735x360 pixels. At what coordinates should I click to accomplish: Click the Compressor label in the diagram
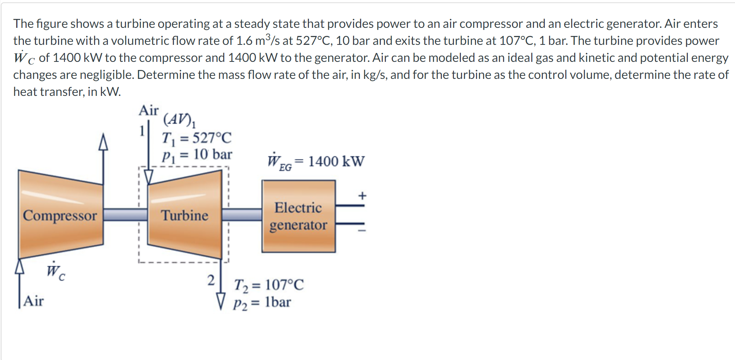click(60, 215)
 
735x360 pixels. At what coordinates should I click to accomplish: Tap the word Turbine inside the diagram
click(185, 215)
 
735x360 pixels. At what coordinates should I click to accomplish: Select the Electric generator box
click(298, 216)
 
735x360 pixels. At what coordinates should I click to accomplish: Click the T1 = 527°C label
click(197, 138)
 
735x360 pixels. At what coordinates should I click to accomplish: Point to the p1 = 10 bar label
click(197, 155)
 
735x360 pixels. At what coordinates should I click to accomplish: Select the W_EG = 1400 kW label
click(316, 161)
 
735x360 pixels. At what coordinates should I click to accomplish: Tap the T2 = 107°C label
click(269, 285)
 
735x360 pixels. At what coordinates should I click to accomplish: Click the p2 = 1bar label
click(262, 302)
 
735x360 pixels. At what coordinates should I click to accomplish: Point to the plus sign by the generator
click(362, 196)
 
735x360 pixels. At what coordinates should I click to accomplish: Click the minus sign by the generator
click(362, 231)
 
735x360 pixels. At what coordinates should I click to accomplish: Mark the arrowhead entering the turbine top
click(148, 177)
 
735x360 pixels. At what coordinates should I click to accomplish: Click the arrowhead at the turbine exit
click(221, 301)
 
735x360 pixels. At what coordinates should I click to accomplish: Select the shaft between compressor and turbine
click(125, 214)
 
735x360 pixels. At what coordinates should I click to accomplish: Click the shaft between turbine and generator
click(242, 214)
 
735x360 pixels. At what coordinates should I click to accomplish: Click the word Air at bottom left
click(34, 301)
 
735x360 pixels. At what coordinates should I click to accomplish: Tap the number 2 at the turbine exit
click(211, 280)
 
